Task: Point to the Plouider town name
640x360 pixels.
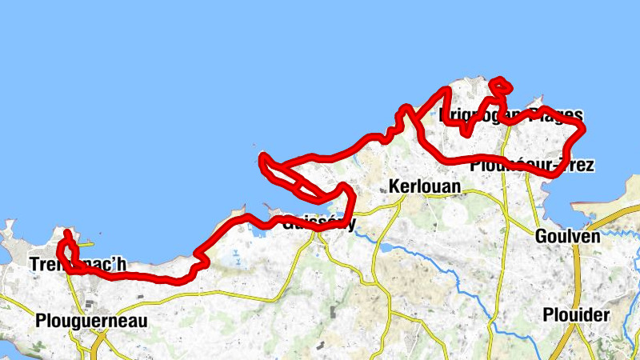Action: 575,314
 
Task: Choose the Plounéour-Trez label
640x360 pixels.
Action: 532,166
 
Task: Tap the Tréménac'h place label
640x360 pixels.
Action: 77,264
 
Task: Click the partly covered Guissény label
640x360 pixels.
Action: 318,223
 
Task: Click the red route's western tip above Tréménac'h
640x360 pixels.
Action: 67,234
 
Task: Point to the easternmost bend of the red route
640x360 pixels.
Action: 584,128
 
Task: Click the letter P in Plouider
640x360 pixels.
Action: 547,314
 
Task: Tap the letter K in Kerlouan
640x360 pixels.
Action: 393,186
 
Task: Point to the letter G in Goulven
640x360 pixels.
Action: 540,237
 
